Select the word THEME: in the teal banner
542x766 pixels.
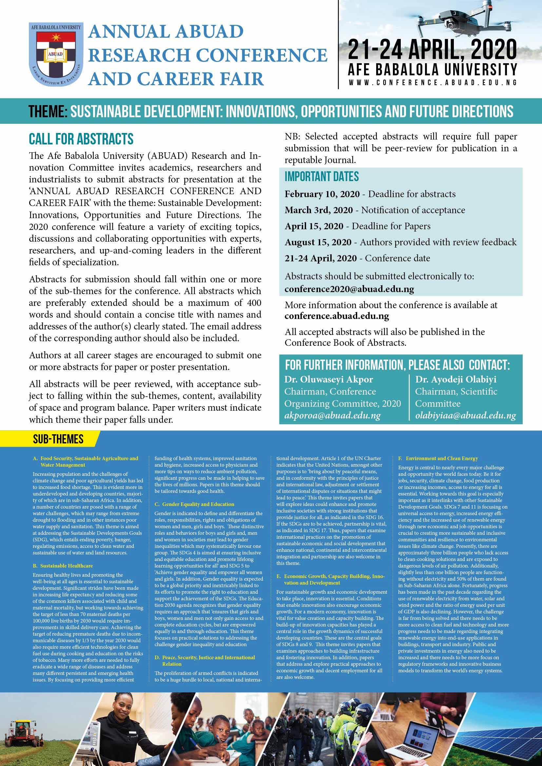point(48,111)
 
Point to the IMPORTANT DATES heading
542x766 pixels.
point(321,177)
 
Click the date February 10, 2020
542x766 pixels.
point(322,194)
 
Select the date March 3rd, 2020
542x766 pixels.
point(319,210)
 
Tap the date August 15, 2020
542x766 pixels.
point(318,242)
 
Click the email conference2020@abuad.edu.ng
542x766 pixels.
point(349,289)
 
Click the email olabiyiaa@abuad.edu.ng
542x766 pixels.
point(465,416)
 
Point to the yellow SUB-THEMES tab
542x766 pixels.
point(58,439)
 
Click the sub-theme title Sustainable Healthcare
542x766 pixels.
point(67,566)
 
